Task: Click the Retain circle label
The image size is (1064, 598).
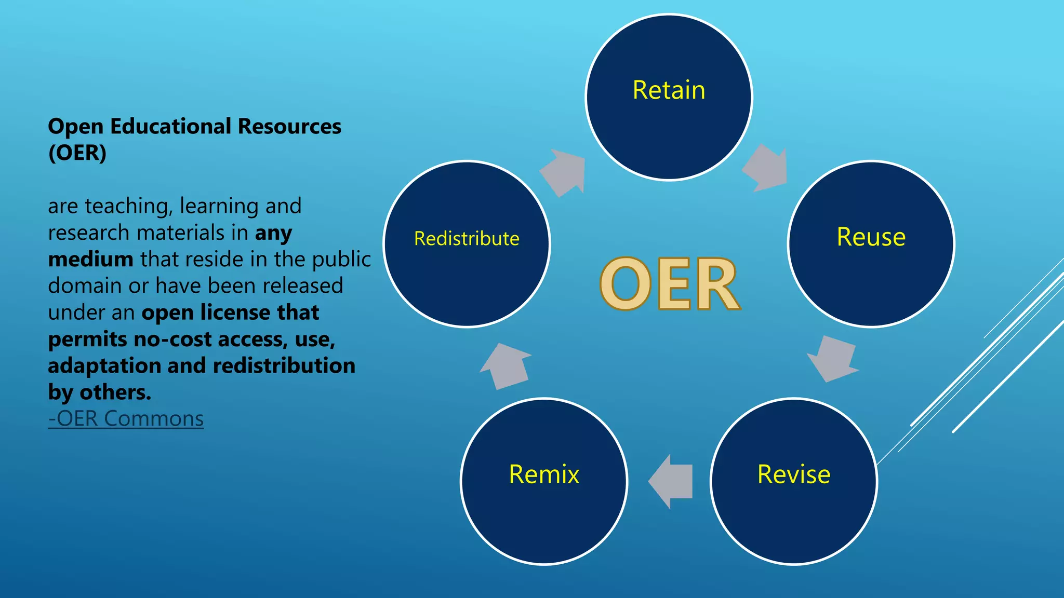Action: point(669,90)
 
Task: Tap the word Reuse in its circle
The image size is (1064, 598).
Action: point(871,237)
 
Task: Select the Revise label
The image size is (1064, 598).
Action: point(793,474)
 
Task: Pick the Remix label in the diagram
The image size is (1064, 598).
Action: point(543,474)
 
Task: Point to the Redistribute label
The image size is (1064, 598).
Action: point(467,239)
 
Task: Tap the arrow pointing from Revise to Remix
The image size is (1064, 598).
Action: point(671,481)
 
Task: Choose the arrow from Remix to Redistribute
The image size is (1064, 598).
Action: point(505,365)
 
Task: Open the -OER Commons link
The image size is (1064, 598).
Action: point(126,419)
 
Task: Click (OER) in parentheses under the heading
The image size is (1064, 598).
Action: point(77,153)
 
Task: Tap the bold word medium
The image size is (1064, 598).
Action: point(90,260)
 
